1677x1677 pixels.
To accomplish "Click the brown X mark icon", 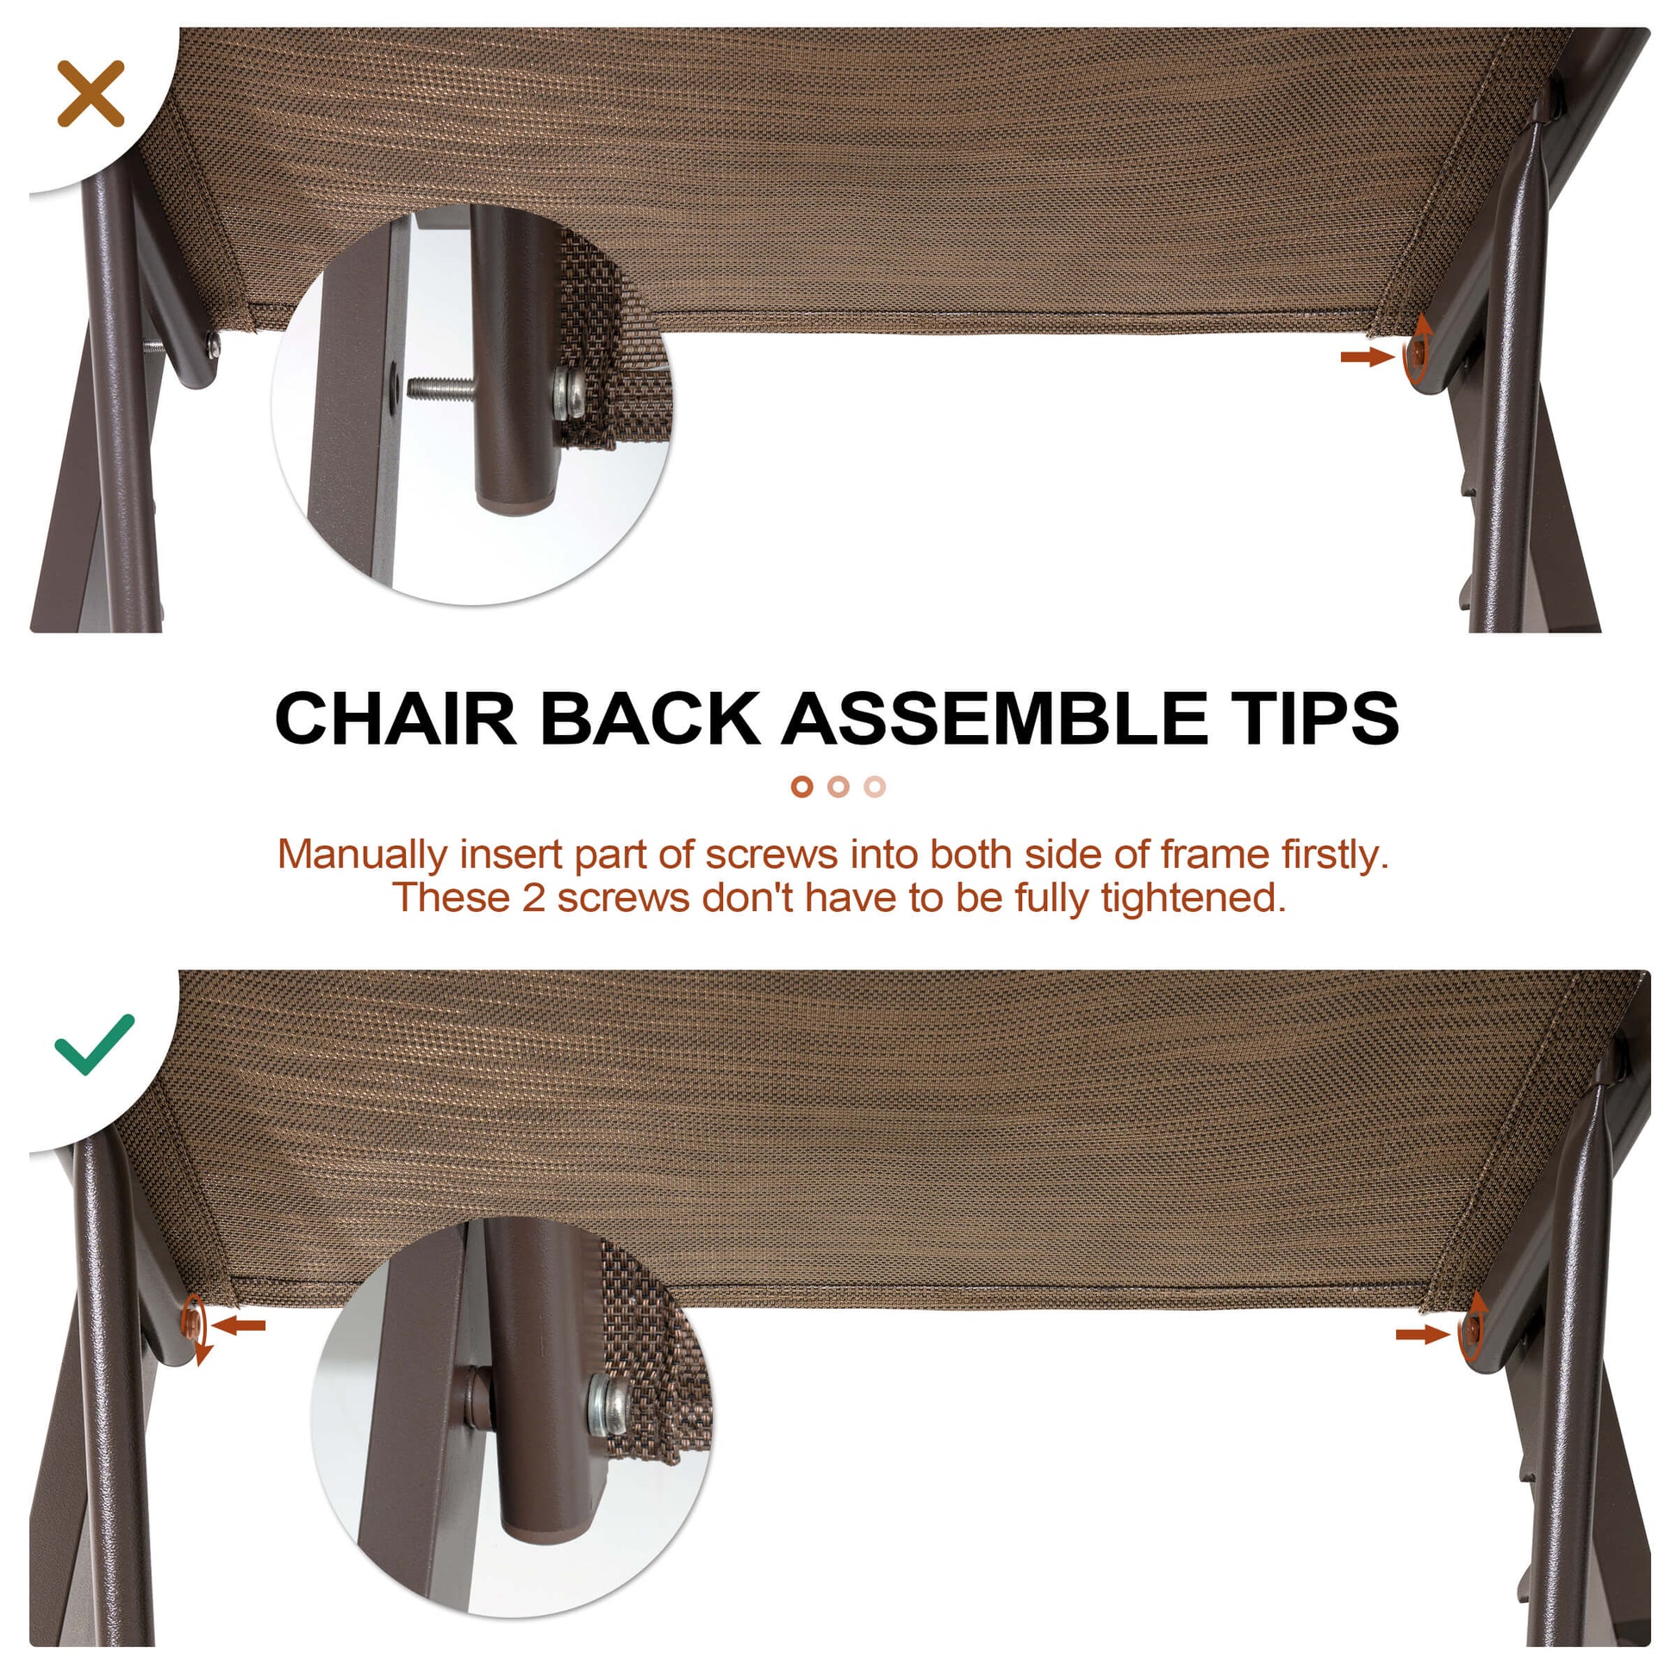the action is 90,94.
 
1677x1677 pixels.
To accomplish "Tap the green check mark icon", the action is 94,1044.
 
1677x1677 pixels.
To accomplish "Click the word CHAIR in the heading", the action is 396,719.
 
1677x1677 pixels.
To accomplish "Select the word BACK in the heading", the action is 650,719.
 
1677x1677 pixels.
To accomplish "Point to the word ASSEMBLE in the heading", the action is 994,719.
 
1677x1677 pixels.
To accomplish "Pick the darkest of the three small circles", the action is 801,787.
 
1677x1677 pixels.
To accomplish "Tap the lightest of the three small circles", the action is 875,787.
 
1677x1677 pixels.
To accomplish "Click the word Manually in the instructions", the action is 362,855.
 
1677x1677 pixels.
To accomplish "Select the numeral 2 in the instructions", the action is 533,898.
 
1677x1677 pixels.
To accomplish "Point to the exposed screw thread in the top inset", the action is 441,387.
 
